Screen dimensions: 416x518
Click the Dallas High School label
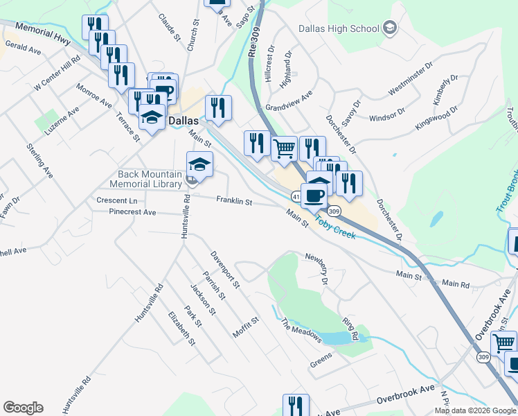(339, 28)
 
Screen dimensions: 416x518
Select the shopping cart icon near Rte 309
(284, 147)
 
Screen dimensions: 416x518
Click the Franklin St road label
(234, 201)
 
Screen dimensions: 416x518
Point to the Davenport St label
(225, 270)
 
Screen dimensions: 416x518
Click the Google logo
(23, 407)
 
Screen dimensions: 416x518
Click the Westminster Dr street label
(410, 80)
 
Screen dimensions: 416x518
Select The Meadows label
(301, 330)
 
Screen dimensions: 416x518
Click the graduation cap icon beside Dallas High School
(390, 28)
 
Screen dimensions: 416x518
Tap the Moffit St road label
(245, 327)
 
